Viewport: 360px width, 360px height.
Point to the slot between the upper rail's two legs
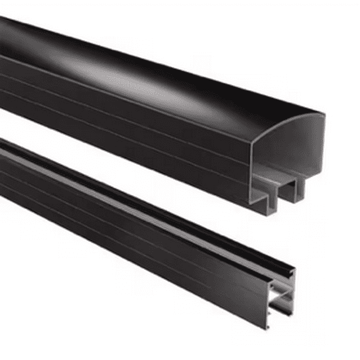click(282, 187)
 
